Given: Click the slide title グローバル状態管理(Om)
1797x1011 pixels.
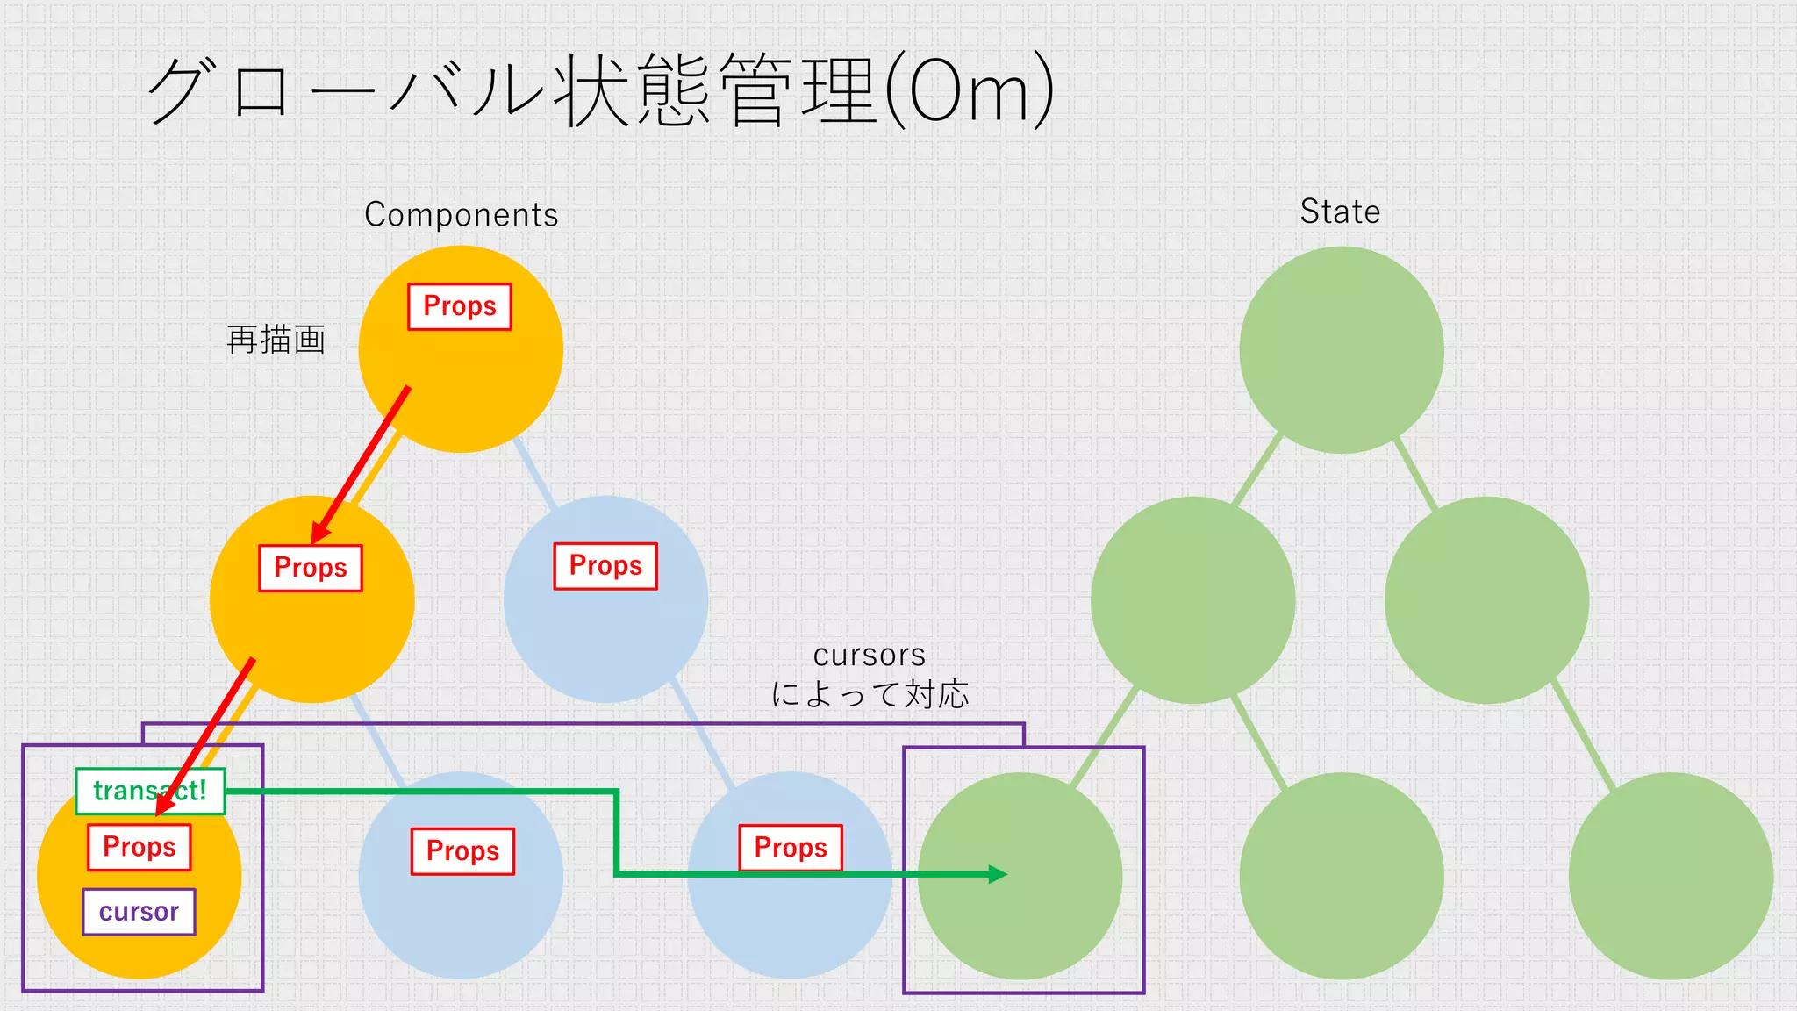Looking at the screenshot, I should pyautogui.click(x=600, y=90).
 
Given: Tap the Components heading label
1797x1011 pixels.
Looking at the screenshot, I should pyautogui.click(x=462, y=215).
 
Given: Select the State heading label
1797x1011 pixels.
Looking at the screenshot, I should pyautogui.click(x=1340, y=212).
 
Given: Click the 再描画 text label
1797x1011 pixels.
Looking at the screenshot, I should pyautogui.click(x=276, y=340).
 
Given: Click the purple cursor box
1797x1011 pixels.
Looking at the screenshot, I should pyautogui.click(x=139, y=912).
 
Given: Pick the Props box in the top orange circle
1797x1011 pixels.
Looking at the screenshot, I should pyautogui.click(x=460, y=306).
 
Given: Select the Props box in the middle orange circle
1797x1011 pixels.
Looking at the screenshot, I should pyautogui.click(x=311, y=568).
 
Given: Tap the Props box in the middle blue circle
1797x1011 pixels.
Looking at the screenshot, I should pyautogui.click(x=605, y=566).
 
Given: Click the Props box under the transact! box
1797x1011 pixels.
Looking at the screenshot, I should pyautogui.click(x=140, y=847).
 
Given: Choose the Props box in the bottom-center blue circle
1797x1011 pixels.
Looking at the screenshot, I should pyautogui.click(x=462, y=851).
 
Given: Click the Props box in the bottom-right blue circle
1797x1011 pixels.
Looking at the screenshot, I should pyautogui.click(x=791, y=848).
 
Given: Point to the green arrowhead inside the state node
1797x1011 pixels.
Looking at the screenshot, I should pyautogui.click(x=998, y=874).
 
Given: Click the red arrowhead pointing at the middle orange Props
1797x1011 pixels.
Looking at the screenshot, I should pyautogui.click(x=321, y=532).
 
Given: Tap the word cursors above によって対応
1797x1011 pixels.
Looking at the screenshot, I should pyautogui.click(x=870, y=656).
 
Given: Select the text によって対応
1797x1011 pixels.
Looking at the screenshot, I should pyautogui.click(x=870, y=694).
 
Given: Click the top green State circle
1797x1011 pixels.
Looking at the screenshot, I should pyautogui.click(x=1341, y=349).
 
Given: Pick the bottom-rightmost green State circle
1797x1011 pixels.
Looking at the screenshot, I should pyautogui.click(x=1671, y=875).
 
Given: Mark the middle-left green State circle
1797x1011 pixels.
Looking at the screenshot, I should pyautogui.click(x=1192, y=599).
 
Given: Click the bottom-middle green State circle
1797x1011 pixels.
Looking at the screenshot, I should pyautogui.click(x=1341, y=875).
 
